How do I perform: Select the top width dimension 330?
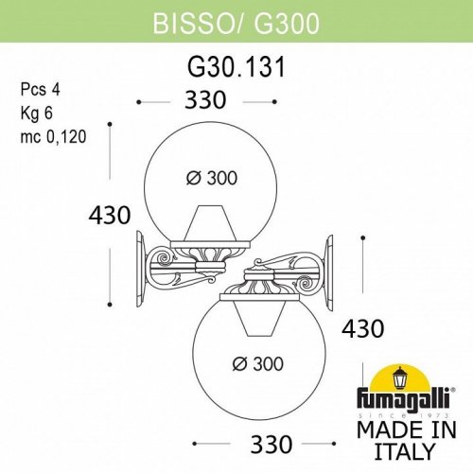click(207, 99)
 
